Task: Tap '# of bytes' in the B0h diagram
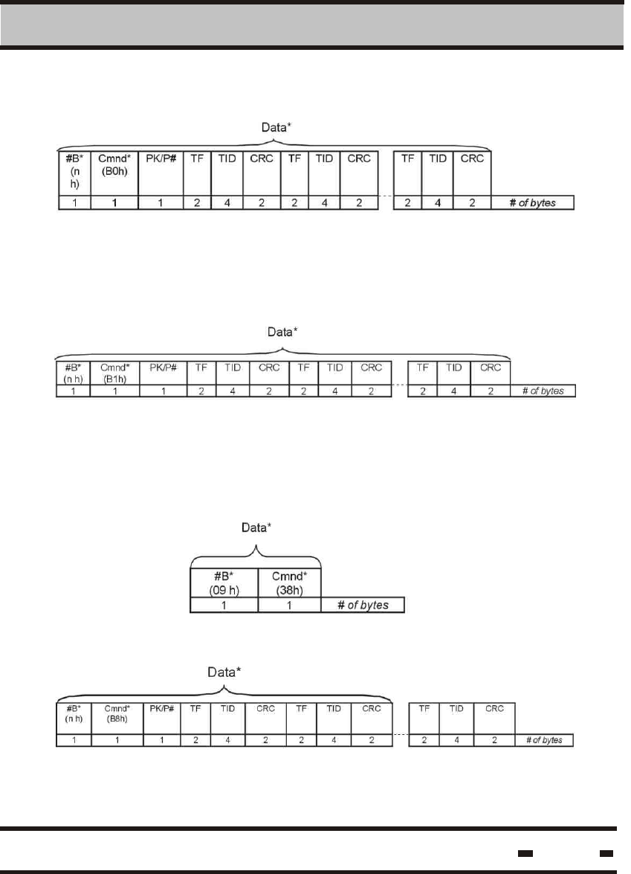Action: [x=533, y=202]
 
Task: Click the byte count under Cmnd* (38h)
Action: [x=290, y=605]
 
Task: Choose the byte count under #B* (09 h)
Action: [x=224, y=605]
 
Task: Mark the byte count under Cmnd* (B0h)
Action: [x=114, y=202]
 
